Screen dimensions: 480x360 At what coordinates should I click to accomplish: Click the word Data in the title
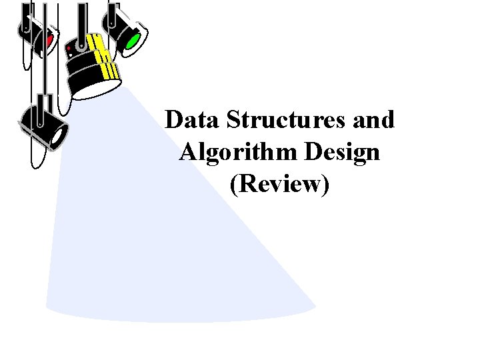point(193,121)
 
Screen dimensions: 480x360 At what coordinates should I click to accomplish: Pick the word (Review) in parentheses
point(279,184)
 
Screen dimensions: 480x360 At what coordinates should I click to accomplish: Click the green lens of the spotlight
point(132,41)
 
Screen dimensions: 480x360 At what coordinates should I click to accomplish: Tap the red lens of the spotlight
point(49,41)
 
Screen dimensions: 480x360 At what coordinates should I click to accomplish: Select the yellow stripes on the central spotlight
point(105,59)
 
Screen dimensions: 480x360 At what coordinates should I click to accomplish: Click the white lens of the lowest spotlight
point(59,136)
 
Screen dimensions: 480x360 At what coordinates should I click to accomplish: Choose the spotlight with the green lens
point(123,30)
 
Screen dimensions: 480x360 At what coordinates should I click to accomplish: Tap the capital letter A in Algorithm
point(188,153)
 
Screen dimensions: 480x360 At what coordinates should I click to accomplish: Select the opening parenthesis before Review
point(233,185)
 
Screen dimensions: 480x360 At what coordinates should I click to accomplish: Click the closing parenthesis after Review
point(325,185)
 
